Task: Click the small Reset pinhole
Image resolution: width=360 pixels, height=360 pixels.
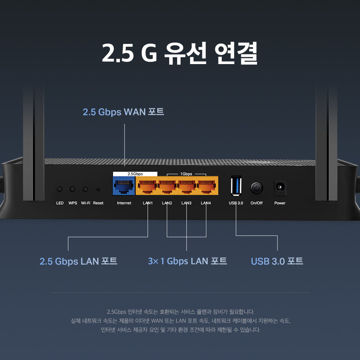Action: (98, 189)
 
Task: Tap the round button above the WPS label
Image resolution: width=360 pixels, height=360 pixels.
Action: (73, 189)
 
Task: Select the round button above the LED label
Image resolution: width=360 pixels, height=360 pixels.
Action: (60, 189)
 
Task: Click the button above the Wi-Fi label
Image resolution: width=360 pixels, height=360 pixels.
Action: (85, 189)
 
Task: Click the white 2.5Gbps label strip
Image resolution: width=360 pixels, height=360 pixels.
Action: (135, 174)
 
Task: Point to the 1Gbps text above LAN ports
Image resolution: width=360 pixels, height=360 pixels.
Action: (186, 174)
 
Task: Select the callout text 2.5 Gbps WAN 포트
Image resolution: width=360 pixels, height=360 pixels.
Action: (123, 112)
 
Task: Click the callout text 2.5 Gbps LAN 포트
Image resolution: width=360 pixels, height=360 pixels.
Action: (78, 261)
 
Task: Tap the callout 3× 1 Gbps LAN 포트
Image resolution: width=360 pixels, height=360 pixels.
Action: (187, 261)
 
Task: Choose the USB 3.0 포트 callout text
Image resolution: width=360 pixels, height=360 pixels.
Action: (277, 261)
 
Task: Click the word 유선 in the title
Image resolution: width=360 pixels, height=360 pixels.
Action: (185, 53)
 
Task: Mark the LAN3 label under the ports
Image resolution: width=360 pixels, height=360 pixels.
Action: (186, 203)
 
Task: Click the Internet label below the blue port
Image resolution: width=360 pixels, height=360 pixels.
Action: (124, 203)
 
